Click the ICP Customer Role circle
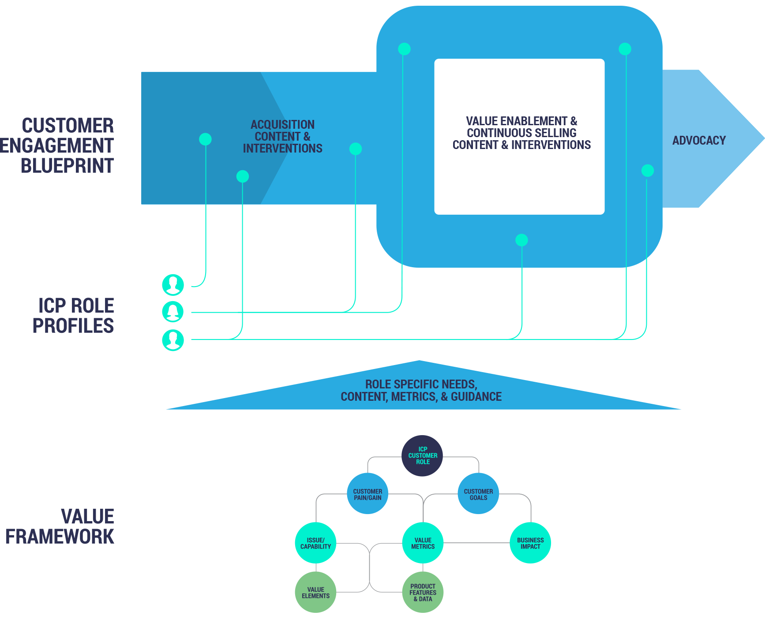point(423,456)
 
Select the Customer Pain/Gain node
point(367,494)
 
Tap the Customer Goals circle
point(478,494)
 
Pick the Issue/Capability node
point(315,543)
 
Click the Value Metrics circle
point(423,543)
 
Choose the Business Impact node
point(530,543)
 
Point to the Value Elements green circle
point(315,592)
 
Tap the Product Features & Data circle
point(423,592)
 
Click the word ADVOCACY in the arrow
point(699,141)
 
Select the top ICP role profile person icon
point(173,284)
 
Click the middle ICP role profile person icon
point(173,312)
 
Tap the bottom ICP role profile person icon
point(173,339)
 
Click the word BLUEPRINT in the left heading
point(67,166)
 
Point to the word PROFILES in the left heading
point(73,326)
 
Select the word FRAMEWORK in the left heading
point(60,537)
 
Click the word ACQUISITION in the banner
point(282,125)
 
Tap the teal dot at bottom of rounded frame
point(521,240)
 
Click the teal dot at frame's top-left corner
point(404,49)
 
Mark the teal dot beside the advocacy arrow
point(647,171)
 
